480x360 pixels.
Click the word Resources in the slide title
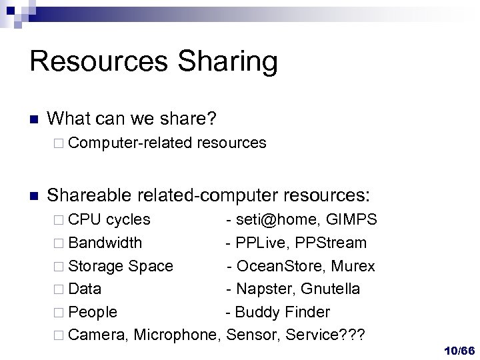point(98,61)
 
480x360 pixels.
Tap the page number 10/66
point(459,351)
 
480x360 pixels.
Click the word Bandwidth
point(105,243)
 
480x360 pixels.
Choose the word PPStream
point(333,243)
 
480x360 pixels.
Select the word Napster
point(263,289)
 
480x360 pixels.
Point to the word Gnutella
point(331,289)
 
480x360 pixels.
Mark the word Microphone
point(177,335)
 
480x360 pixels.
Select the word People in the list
point(93,312)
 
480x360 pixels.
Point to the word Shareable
point(90,195)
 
